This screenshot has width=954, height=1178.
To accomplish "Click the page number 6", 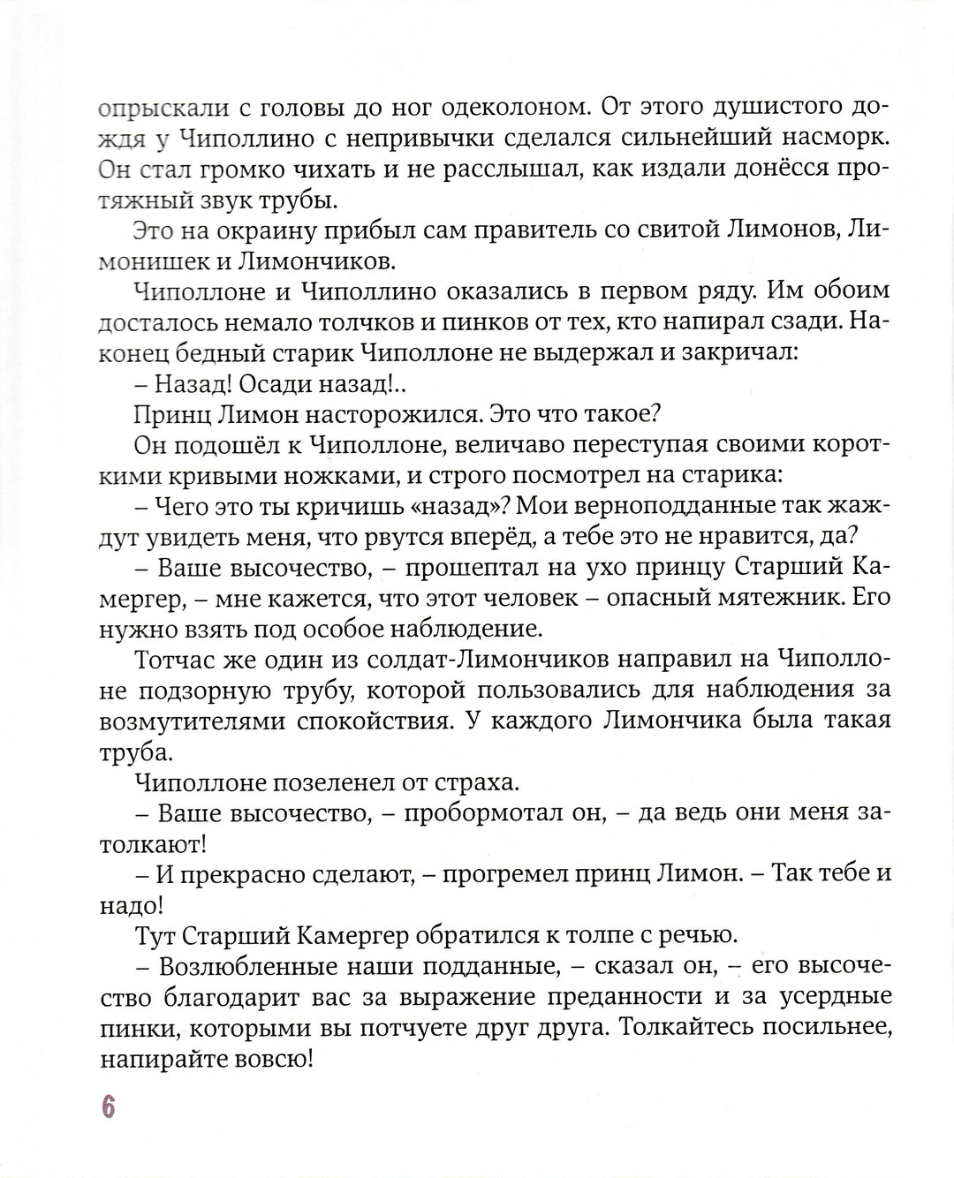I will coord(108,1106).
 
